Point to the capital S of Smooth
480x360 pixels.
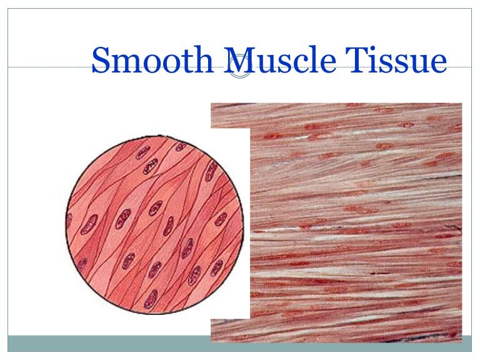[101, 61]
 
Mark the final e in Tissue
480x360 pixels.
[439, 63]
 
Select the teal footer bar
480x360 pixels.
[106, 343]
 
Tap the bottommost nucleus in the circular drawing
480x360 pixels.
[151, 299]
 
